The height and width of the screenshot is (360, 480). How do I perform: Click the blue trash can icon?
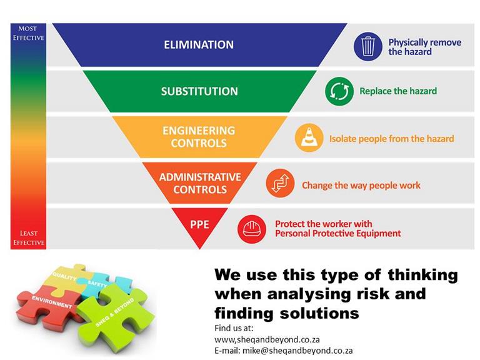(367, 46)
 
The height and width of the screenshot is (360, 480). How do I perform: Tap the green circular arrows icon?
(339, 91)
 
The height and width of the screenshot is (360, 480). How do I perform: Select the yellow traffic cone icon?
(309, 137)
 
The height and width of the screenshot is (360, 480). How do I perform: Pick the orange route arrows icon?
(280, 183)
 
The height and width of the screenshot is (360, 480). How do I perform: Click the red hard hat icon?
(252, 229)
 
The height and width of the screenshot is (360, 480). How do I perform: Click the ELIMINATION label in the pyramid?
(199, 45)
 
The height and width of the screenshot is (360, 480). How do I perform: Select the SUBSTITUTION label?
(199, 91)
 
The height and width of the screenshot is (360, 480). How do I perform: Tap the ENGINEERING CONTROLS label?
(199, 137)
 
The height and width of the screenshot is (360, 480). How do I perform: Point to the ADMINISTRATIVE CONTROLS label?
(200, 183)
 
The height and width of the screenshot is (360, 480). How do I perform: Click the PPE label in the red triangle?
(199, 224)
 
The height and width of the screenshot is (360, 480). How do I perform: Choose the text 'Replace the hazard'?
(398, 91)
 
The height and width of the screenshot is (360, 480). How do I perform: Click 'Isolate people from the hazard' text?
(391, 139)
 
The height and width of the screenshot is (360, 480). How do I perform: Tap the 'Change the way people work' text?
(361, 186)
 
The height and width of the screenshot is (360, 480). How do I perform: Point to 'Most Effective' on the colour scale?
(28, 33)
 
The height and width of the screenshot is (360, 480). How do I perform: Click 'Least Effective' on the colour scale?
(29, 238)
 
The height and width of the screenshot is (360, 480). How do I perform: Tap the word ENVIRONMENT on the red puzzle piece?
(52, 302)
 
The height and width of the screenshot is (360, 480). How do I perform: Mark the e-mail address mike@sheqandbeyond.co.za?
(297, 351)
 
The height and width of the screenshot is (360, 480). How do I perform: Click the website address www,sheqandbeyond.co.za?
(267, 339)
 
